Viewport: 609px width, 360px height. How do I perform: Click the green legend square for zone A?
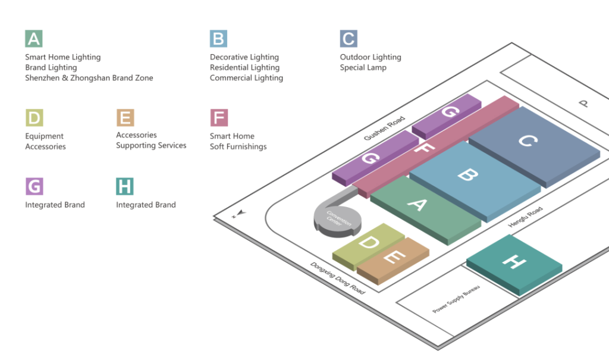(34, 39)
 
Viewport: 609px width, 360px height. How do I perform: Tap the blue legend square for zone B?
(218, 39)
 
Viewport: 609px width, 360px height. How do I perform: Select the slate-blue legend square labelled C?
(349, 39)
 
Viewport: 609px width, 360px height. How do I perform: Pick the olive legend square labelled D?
(34, 118)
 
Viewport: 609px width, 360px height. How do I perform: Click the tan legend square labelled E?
(125, 118)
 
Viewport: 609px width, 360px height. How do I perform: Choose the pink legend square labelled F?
(218, 118)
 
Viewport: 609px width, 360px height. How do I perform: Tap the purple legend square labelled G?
(34, 186)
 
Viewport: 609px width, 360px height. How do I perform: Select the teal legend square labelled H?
(125, 186)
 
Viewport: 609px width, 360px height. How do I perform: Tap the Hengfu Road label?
(525, 217)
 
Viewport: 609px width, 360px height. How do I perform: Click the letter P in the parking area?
(584, 104)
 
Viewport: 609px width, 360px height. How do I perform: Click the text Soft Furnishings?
(238, 146)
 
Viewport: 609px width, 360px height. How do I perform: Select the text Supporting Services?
(151, 145)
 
